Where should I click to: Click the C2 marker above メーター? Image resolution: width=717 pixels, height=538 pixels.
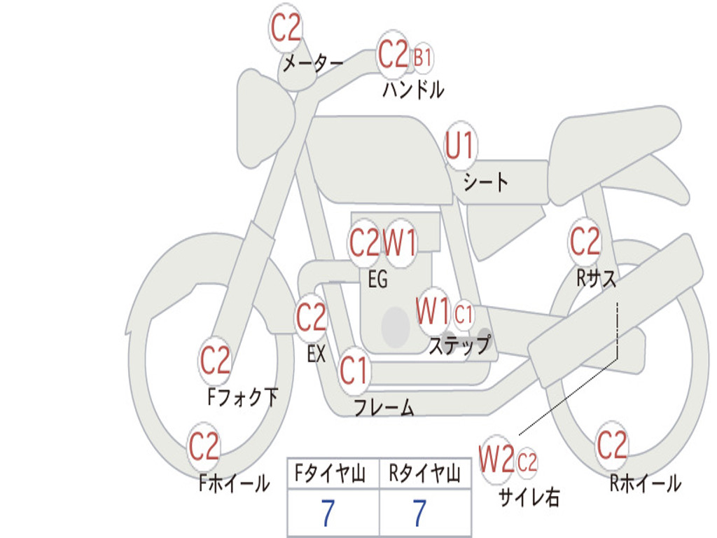click(286, 28)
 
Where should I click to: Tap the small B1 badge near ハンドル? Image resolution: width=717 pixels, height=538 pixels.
click(422, 57)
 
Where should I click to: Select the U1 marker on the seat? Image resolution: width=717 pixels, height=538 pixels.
click(460, 146)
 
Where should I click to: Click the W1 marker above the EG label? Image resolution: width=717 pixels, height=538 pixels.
click(401, 243)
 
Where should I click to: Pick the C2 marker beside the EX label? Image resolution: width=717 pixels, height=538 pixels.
click(311, 319)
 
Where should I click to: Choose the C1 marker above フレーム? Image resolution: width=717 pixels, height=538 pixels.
click(354, 370)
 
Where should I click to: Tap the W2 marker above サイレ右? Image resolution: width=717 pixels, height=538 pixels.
click(496, 460)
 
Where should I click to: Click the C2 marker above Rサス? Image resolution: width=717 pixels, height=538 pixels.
click(585, 242)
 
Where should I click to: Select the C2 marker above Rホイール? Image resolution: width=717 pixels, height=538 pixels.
click(611, 445)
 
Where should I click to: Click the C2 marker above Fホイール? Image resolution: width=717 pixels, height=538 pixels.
click(204, 447)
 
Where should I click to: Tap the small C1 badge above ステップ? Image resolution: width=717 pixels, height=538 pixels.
click(464, 315)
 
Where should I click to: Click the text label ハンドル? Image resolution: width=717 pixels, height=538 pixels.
click(413, 90)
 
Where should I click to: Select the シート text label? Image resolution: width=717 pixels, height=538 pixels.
click(486, 183)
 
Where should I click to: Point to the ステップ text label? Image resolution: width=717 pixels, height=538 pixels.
click(459, 345)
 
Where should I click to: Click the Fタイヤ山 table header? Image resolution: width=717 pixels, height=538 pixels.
click(333, 474)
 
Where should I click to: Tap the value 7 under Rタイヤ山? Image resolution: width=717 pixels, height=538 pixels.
click(419, 513)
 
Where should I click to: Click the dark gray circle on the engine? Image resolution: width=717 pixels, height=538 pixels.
click(396, 326)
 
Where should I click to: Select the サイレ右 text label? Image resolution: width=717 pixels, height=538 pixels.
click(529, 497)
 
